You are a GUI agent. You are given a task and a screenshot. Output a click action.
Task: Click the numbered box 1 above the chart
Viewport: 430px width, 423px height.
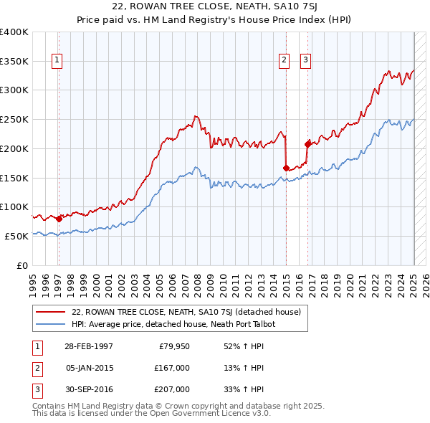coord(57,60)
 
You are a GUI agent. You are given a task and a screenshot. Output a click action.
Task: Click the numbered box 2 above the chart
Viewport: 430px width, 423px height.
coord(285,60)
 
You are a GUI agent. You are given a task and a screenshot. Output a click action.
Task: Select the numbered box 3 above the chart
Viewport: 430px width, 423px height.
coord(305,60)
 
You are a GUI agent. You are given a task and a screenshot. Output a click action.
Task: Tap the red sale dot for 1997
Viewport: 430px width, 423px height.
coord(59,219)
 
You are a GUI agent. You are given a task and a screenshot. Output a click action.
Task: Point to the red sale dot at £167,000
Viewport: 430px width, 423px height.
coord(286,168)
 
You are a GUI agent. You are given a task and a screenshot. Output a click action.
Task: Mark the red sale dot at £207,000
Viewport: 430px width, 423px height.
coord(308,144)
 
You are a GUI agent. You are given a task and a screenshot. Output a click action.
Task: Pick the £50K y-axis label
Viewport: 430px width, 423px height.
coord(17,236)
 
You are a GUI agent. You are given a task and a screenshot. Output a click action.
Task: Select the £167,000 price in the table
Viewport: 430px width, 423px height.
coord(172,368)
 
